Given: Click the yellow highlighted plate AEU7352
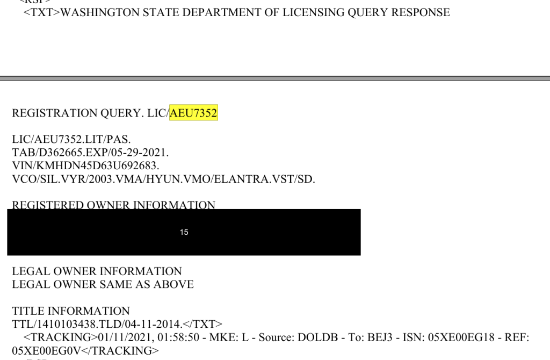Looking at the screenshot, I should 193,113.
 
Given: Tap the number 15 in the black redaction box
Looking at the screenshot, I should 184,232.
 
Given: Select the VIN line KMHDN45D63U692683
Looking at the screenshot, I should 85,165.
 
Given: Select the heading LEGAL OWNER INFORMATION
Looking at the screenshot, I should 97,271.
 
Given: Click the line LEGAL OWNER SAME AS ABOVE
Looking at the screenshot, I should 103,284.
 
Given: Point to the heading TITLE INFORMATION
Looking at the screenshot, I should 71,311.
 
